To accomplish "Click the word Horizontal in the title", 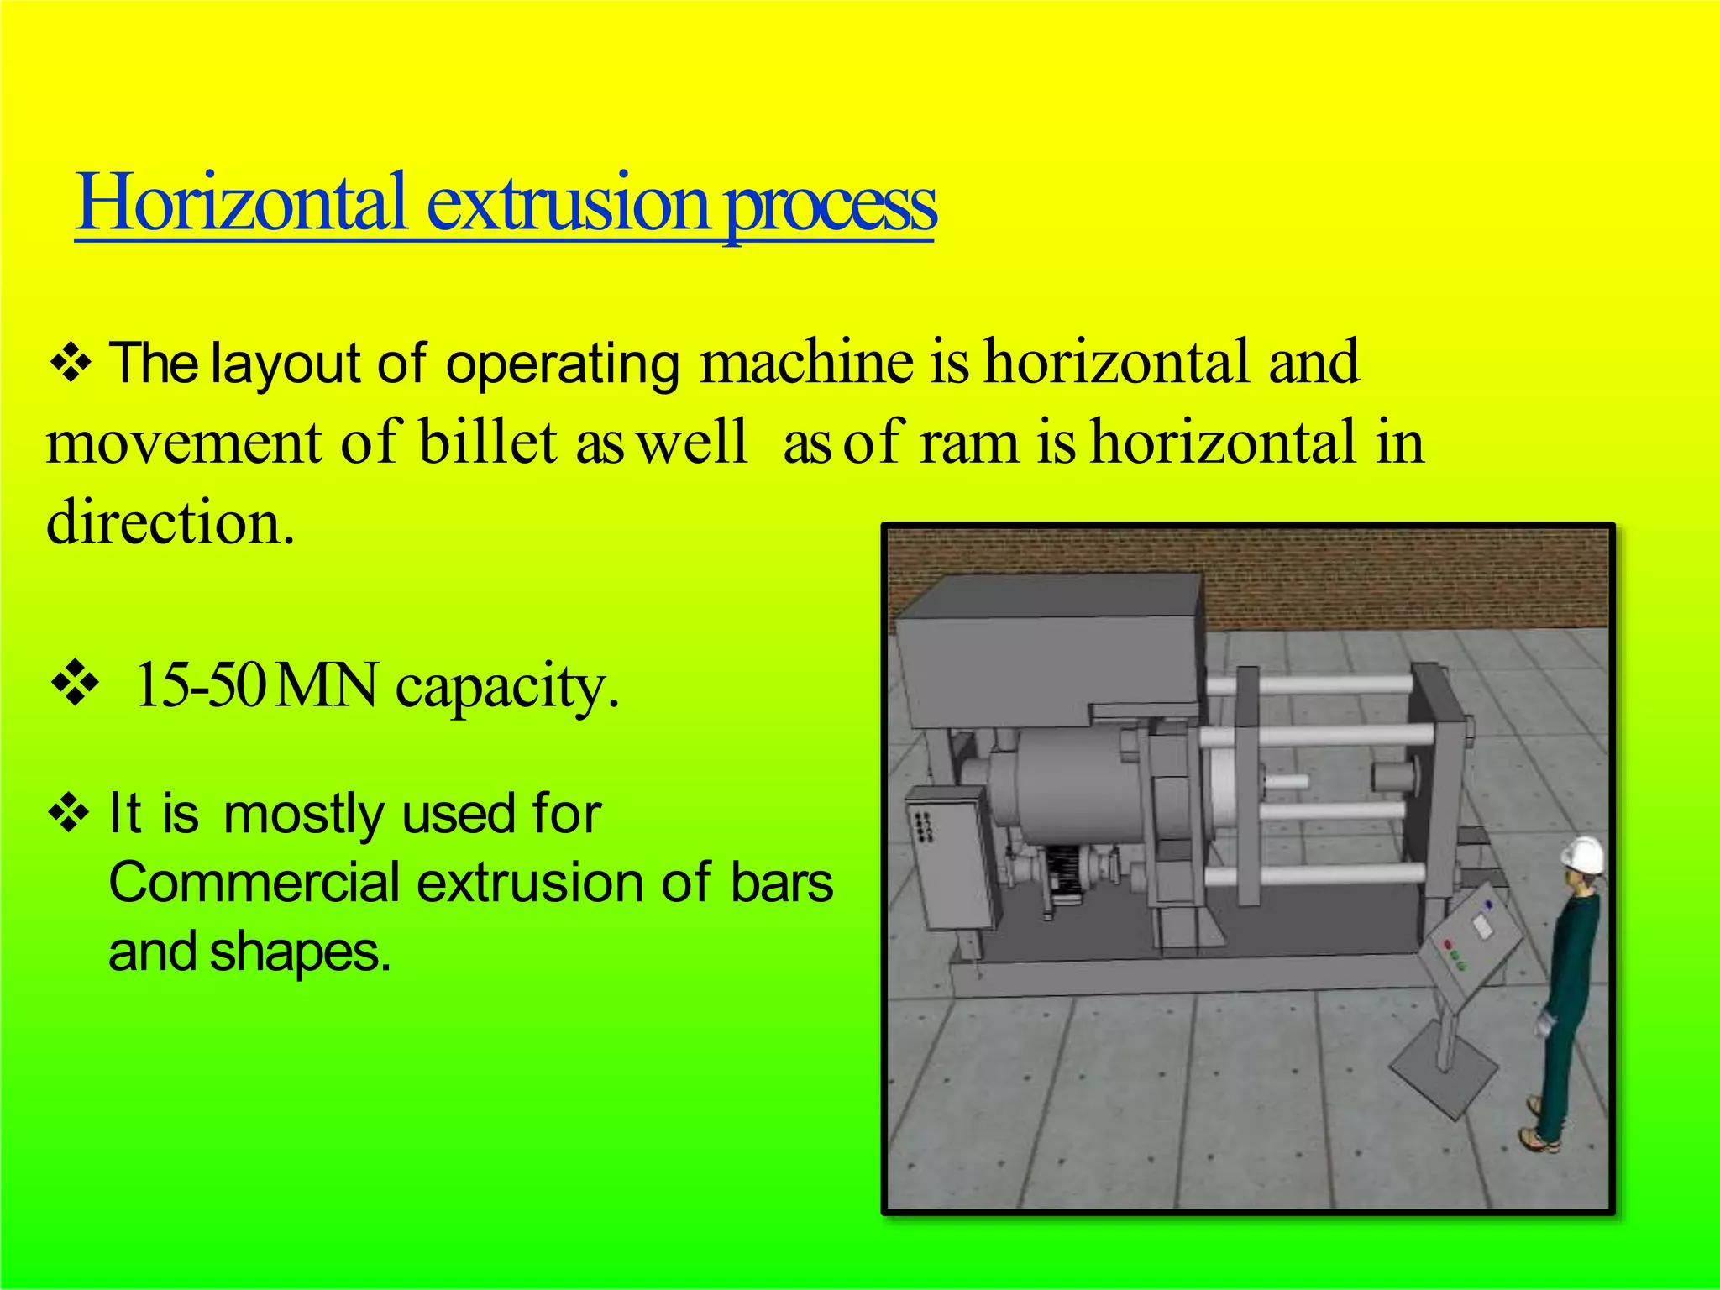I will tap(242, 203).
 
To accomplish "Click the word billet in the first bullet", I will tap(488, 443).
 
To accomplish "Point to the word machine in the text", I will tap(807, 363).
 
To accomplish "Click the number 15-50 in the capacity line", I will tap(200, 685).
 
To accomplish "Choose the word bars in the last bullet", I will tap(781, 883).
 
